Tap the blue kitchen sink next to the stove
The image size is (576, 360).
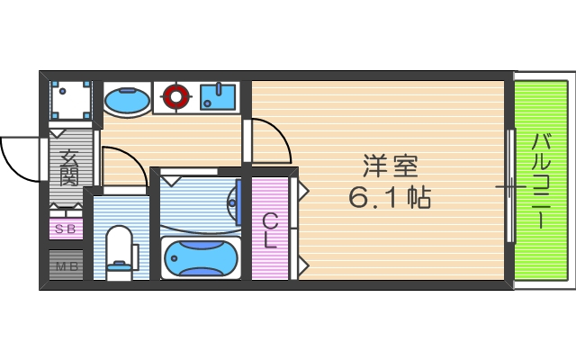(x=218, y=96)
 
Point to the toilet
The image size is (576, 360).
(x=118, y=251)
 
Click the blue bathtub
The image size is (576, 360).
(x=202, y=259)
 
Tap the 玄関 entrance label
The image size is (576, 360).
(x=69, y=166)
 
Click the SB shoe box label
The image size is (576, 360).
(x=66, y=229)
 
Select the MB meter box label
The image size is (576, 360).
(x=66, y=265)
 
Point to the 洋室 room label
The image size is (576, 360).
(x=390, y=166)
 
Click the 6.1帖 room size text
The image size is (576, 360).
(x=390, y=197)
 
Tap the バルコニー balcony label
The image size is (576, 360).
(x=542, y=180)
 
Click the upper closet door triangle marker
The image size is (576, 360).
(x=303, y=191)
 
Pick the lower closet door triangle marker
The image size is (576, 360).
(x=303, y=265)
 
